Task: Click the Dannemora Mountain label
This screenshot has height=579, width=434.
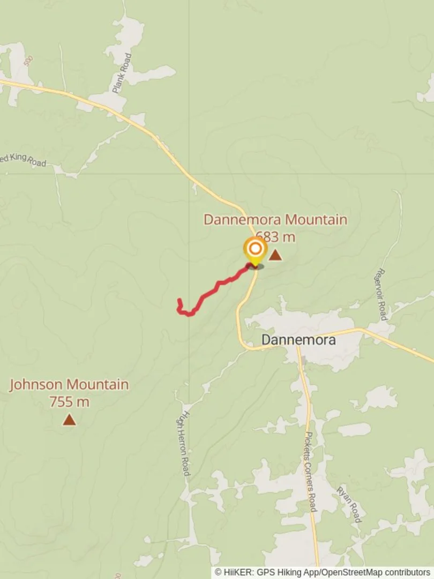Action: (275, 220)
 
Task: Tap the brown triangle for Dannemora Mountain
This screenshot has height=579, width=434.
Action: (275, 255)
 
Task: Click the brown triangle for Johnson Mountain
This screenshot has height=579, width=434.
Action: (69, 420)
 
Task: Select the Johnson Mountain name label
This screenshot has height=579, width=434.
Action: (69, 384)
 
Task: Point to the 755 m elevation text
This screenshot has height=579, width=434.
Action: (69, 402)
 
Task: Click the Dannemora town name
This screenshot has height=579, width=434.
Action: (298, 340)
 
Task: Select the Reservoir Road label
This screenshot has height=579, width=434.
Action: (382, 294)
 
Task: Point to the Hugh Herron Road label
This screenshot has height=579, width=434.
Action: (184, 443)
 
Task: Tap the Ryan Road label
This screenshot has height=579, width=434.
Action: (349, 504)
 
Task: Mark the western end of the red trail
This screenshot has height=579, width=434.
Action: (179, 301)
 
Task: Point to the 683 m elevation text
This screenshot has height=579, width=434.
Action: (275, 236)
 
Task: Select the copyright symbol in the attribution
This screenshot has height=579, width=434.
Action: (218, 573)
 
